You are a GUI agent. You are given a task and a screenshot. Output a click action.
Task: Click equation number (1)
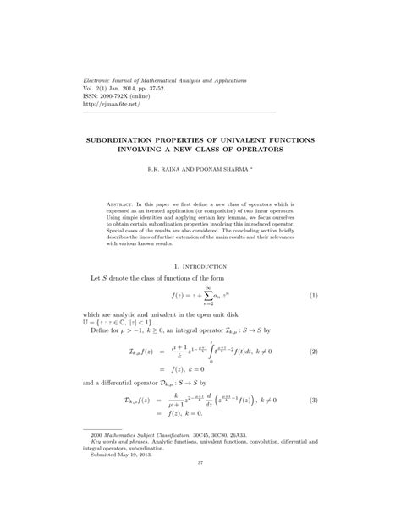tap(312, 296)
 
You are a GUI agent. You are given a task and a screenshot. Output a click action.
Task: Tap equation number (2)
tap(312, 351)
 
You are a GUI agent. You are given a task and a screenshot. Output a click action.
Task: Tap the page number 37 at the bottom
tap(200, 487)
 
